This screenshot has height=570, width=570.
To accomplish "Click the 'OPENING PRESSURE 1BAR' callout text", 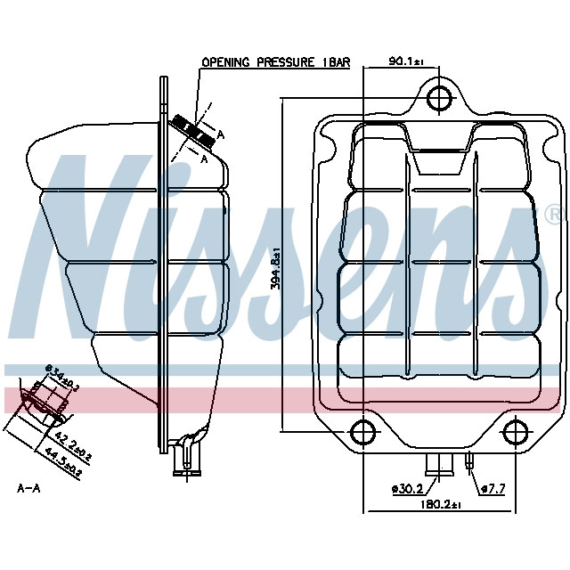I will [275, 63].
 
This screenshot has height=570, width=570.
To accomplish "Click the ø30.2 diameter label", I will [405, 488].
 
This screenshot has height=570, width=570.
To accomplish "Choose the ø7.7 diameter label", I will [493, 488].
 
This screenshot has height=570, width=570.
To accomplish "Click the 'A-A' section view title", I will [28, 488].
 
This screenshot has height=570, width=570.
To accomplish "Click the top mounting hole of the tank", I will [437, 98].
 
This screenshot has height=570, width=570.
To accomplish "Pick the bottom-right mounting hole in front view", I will [515, 432].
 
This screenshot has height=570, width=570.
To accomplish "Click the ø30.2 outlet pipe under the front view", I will [438, 463].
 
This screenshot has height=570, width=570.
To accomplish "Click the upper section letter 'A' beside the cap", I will [220, 134].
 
